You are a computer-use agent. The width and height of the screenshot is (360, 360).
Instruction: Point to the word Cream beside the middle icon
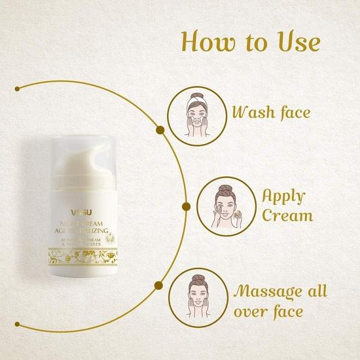[285, 216]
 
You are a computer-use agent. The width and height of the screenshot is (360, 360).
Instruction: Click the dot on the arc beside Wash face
[159, 130]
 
